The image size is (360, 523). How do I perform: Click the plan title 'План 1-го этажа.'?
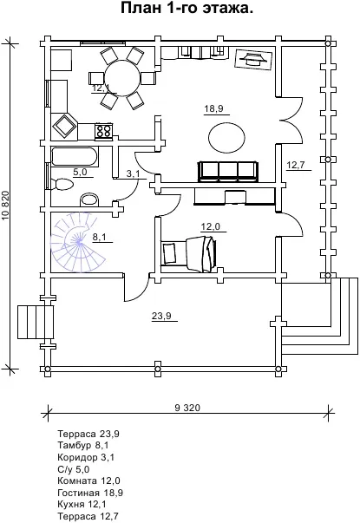point(187,9)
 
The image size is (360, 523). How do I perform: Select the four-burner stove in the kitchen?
point(104,130)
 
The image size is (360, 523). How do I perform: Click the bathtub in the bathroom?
point(75,157)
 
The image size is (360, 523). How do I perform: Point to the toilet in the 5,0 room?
point(62,184)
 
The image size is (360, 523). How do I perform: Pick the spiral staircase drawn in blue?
point(78,243)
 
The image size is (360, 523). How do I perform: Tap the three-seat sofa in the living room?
point(228,172)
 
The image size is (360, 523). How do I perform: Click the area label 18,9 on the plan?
point(214,108)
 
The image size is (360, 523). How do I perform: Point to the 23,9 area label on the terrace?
point(162,316)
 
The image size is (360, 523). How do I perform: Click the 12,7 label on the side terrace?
point(297,165)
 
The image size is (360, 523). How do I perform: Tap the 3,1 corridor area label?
point(133,173)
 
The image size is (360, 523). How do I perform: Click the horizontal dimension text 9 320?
point(187,408)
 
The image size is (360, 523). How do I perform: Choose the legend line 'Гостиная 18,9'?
point(90,493)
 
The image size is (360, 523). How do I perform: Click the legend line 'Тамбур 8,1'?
point(83,445)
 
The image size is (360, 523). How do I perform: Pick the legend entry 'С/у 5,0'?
point(74,469)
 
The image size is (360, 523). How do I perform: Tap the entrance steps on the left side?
point(36,322)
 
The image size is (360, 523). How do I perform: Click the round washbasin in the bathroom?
point(90,199)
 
